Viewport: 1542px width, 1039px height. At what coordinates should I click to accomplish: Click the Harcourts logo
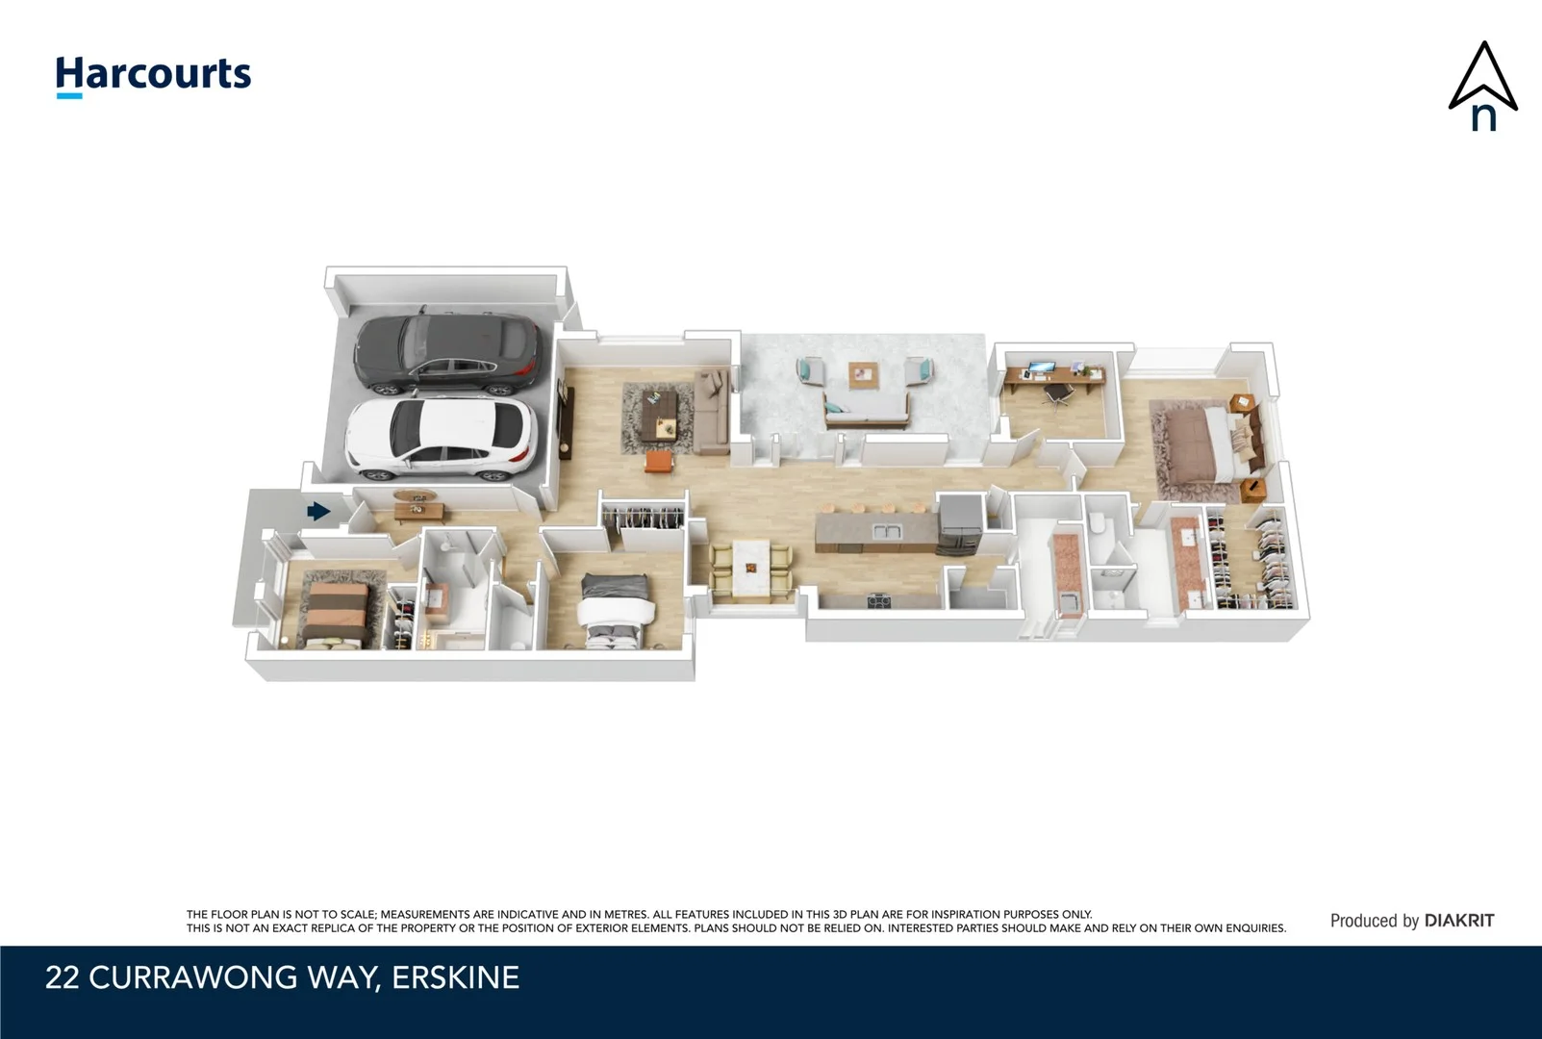[153, 75]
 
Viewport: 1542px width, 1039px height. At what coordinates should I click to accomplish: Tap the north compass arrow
[1482, 86]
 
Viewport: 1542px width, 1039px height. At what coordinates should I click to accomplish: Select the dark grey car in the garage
[447, 355]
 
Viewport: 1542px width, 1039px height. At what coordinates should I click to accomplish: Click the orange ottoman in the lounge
[658, 462]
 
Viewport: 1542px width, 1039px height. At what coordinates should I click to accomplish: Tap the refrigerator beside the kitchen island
[958, 525]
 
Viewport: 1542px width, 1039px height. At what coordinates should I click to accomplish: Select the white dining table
[751, 569]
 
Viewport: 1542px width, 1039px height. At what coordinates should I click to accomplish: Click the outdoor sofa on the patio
[866, 412]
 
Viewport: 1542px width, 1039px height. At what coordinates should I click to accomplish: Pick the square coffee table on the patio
[863, 374]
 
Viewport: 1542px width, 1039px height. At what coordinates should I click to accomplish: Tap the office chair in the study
[1059, 394]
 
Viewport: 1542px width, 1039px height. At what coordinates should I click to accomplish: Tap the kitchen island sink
[884, 531]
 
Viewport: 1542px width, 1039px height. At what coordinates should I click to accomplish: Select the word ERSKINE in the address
[455, 977]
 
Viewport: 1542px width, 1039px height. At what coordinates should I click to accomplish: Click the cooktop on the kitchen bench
[879, 601]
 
